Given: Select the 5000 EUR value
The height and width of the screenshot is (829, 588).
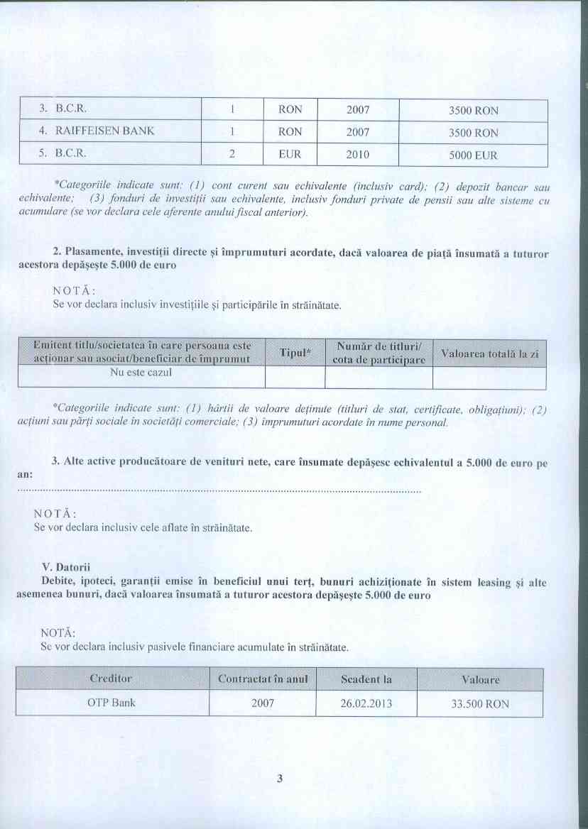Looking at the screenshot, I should point(473,155).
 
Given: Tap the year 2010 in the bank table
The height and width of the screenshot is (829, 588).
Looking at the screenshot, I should point(358,154).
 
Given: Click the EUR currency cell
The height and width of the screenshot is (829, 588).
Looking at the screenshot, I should point(290,154).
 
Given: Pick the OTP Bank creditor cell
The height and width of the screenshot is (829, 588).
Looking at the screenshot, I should point(112,703).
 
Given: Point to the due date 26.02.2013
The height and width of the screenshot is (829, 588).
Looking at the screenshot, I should point(366,704).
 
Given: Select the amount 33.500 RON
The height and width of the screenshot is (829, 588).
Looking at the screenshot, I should point(480,705).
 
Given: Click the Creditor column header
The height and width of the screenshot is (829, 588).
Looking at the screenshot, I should point(111,679).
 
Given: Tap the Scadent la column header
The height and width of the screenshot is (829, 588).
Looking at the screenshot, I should point(366,679).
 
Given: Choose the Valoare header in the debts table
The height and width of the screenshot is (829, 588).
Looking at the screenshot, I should point(480,680).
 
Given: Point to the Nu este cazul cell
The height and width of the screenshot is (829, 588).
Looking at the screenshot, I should point(141,373).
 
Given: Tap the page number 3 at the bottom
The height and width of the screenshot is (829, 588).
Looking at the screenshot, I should point(280,779).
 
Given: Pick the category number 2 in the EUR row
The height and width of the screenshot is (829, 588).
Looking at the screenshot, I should point(232,154).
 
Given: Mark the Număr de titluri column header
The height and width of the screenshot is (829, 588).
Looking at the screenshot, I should point(379,353).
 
